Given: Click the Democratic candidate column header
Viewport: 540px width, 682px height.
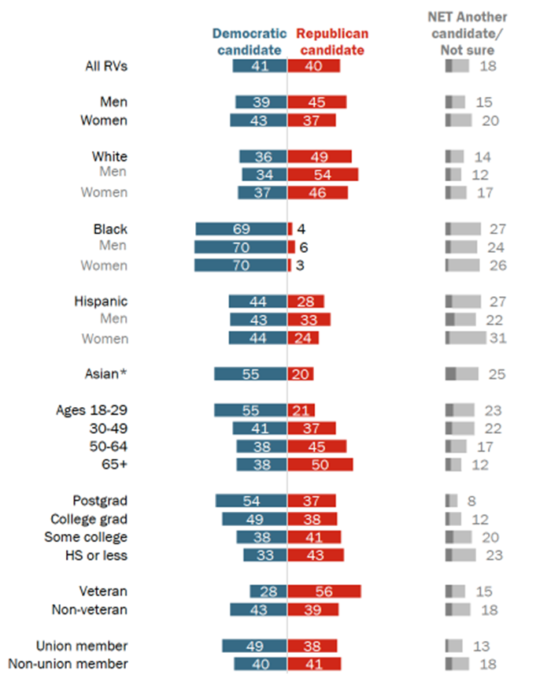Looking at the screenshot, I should (x=247, y=42).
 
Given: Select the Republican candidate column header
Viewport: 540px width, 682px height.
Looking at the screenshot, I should (x=331, y=42).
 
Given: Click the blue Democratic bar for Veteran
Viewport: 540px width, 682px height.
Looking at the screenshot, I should (x=268, y=591).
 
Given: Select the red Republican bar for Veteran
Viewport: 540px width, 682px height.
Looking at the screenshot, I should (x=324, y=591).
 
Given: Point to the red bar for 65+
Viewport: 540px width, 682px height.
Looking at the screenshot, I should (x=320, y=464).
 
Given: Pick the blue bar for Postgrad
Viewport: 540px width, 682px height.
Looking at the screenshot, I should (x=251, y=501).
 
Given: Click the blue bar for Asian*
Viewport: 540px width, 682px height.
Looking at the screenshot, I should (x=250, y=374).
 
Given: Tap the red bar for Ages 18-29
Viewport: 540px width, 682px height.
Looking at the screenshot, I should (x=301, y=410).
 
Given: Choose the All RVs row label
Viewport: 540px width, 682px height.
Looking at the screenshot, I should (x=107, y=66).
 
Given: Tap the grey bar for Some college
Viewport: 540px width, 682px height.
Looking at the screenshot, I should (x=458, y=537).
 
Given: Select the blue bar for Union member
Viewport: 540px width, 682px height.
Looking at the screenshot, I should (x=254, y=646).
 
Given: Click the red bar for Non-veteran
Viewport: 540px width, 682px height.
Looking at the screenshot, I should (x=313, y=610).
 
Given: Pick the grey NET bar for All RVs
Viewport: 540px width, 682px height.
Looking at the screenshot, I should (x=457, y=66).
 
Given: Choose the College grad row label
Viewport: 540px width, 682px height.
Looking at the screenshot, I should (x=89, y=519).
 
